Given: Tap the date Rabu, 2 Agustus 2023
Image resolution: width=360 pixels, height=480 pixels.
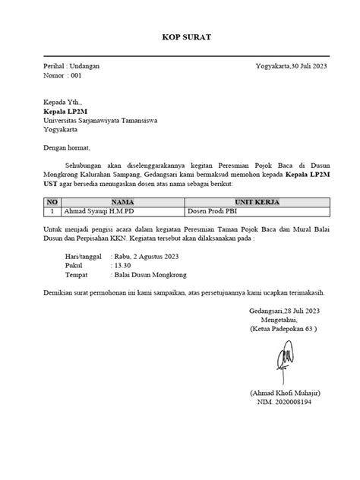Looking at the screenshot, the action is [147, 256].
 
